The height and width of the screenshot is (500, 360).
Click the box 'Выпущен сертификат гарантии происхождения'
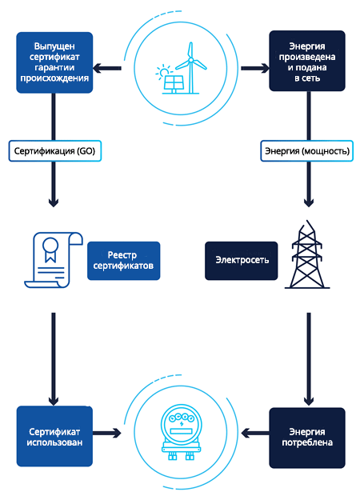tap(54, 62)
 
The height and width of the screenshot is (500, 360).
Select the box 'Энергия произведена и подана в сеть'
tap(307, 61)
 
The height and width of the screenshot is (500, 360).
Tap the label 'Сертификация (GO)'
tap(55, 151)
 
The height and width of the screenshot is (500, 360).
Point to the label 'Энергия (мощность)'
tap(306, 151)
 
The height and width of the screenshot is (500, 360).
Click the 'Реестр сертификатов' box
tap(124, 261)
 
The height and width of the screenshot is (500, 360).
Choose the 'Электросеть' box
tap(242, 261)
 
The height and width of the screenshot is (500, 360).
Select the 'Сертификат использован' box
tap(54, 436)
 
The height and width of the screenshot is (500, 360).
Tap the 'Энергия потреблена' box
tap(307, 438)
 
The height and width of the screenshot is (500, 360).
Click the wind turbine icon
tap(190, 68)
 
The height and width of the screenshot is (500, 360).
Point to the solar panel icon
tap(174, 84)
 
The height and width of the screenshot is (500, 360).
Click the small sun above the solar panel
tap(163, 72)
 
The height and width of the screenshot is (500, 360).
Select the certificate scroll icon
tap(54, 260)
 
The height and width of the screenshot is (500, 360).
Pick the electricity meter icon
tap(181, 434)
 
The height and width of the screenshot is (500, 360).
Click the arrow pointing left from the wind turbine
tap(107, 68)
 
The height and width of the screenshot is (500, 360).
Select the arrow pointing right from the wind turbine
tap(255, 68)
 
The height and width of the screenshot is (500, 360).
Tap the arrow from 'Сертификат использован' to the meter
tap(107, 433)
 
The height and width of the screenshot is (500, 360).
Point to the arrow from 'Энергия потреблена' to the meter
tap(255, 434)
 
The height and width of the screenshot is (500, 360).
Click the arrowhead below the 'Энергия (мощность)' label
tap(309, 203)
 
